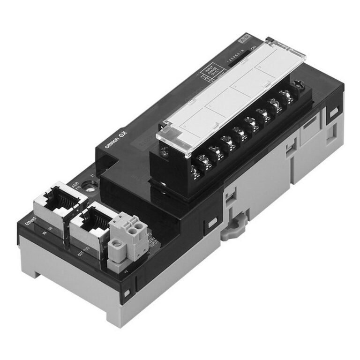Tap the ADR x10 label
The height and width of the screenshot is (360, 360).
point(75,187)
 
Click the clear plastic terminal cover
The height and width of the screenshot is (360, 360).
point(230,94)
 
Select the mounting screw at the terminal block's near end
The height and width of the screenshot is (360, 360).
point(164,151)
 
